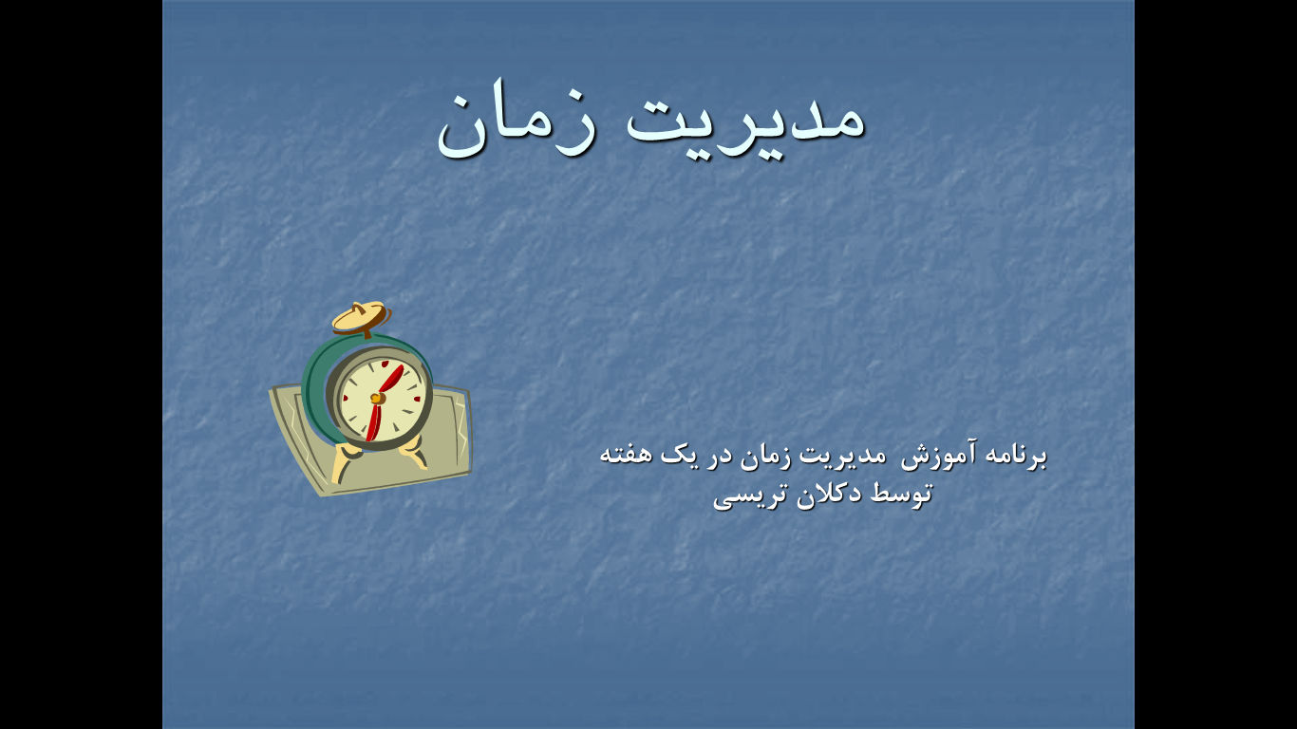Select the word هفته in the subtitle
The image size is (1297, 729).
tap(626, 455)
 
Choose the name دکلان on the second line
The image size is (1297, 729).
tap(829, 494)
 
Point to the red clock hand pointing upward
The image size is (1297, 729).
tap(391, 380)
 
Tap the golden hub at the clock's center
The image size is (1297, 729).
tap(378, 399)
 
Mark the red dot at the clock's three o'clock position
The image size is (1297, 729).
tap(417, 399)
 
